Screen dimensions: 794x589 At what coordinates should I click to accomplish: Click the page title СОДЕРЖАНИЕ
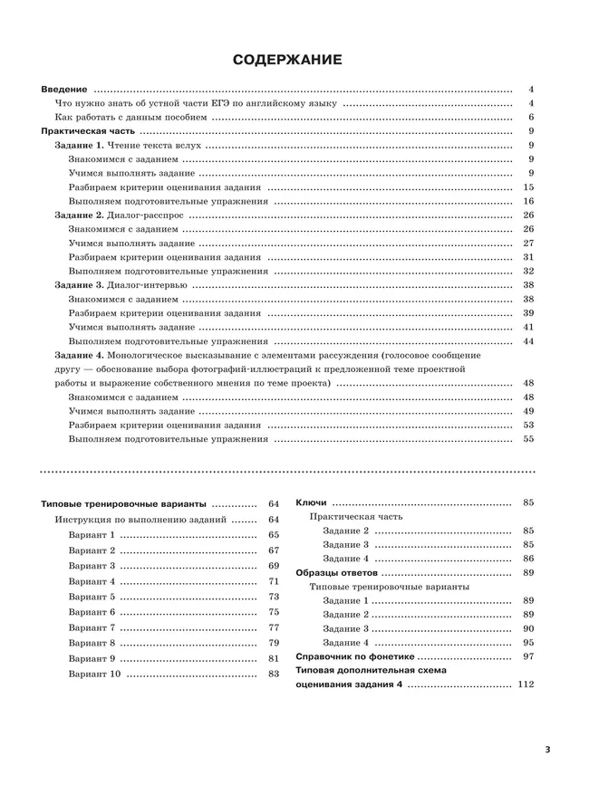coord(287,61)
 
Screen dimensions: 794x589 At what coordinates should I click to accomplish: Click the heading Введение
coord(65,90)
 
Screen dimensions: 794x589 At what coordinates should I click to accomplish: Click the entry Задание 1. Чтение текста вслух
coord(128,146)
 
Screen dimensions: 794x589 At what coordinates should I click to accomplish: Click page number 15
coord(528,187)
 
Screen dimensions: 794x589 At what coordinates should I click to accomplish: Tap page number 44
coord(528,341)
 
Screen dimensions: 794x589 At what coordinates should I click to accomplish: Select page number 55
coord(528,439)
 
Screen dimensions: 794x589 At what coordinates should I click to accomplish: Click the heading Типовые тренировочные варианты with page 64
coord(124,504)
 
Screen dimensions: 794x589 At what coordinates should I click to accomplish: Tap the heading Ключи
coord(311,502)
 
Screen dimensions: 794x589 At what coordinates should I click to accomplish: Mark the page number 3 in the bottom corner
coord(547,750)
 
